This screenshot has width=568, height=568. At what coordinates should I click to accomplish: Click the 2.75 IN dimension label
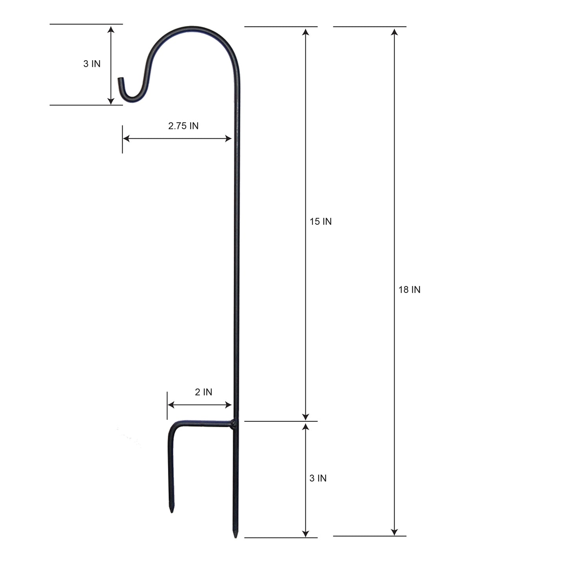[183, 126]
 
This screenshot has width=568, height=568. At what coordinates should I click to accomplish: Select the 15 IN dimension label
[320, 222]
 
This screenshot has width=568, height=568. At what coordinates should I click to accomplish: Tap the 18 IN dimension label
[409, 290]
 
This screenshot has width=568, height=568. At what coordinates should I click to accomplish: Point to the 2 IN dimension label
[203, 392]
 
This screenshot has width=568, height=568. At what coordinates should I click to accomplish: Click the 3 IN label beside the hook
[92, 64]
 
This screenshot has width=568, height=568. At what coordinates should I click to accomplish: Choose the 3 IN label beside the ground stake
[318, 478]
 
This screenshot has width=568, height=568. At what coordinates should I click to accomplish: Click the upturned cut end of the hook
[120, 80]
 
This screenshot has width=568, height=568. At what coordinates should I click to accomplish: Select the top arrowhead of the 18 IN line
[394, 31]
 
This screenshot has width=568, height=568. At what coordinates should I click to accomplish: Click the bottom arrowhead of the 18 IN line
[394, 532]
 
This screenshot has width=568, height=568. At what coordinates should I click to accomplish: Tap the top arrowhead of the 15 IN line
[305, 31]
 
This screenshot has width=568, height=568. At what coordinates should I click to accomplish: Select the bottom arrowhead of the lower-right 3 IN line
[305, 533]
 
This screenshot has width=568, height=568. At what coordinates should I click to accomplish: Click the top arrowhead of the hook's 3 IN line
[111, 29]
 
